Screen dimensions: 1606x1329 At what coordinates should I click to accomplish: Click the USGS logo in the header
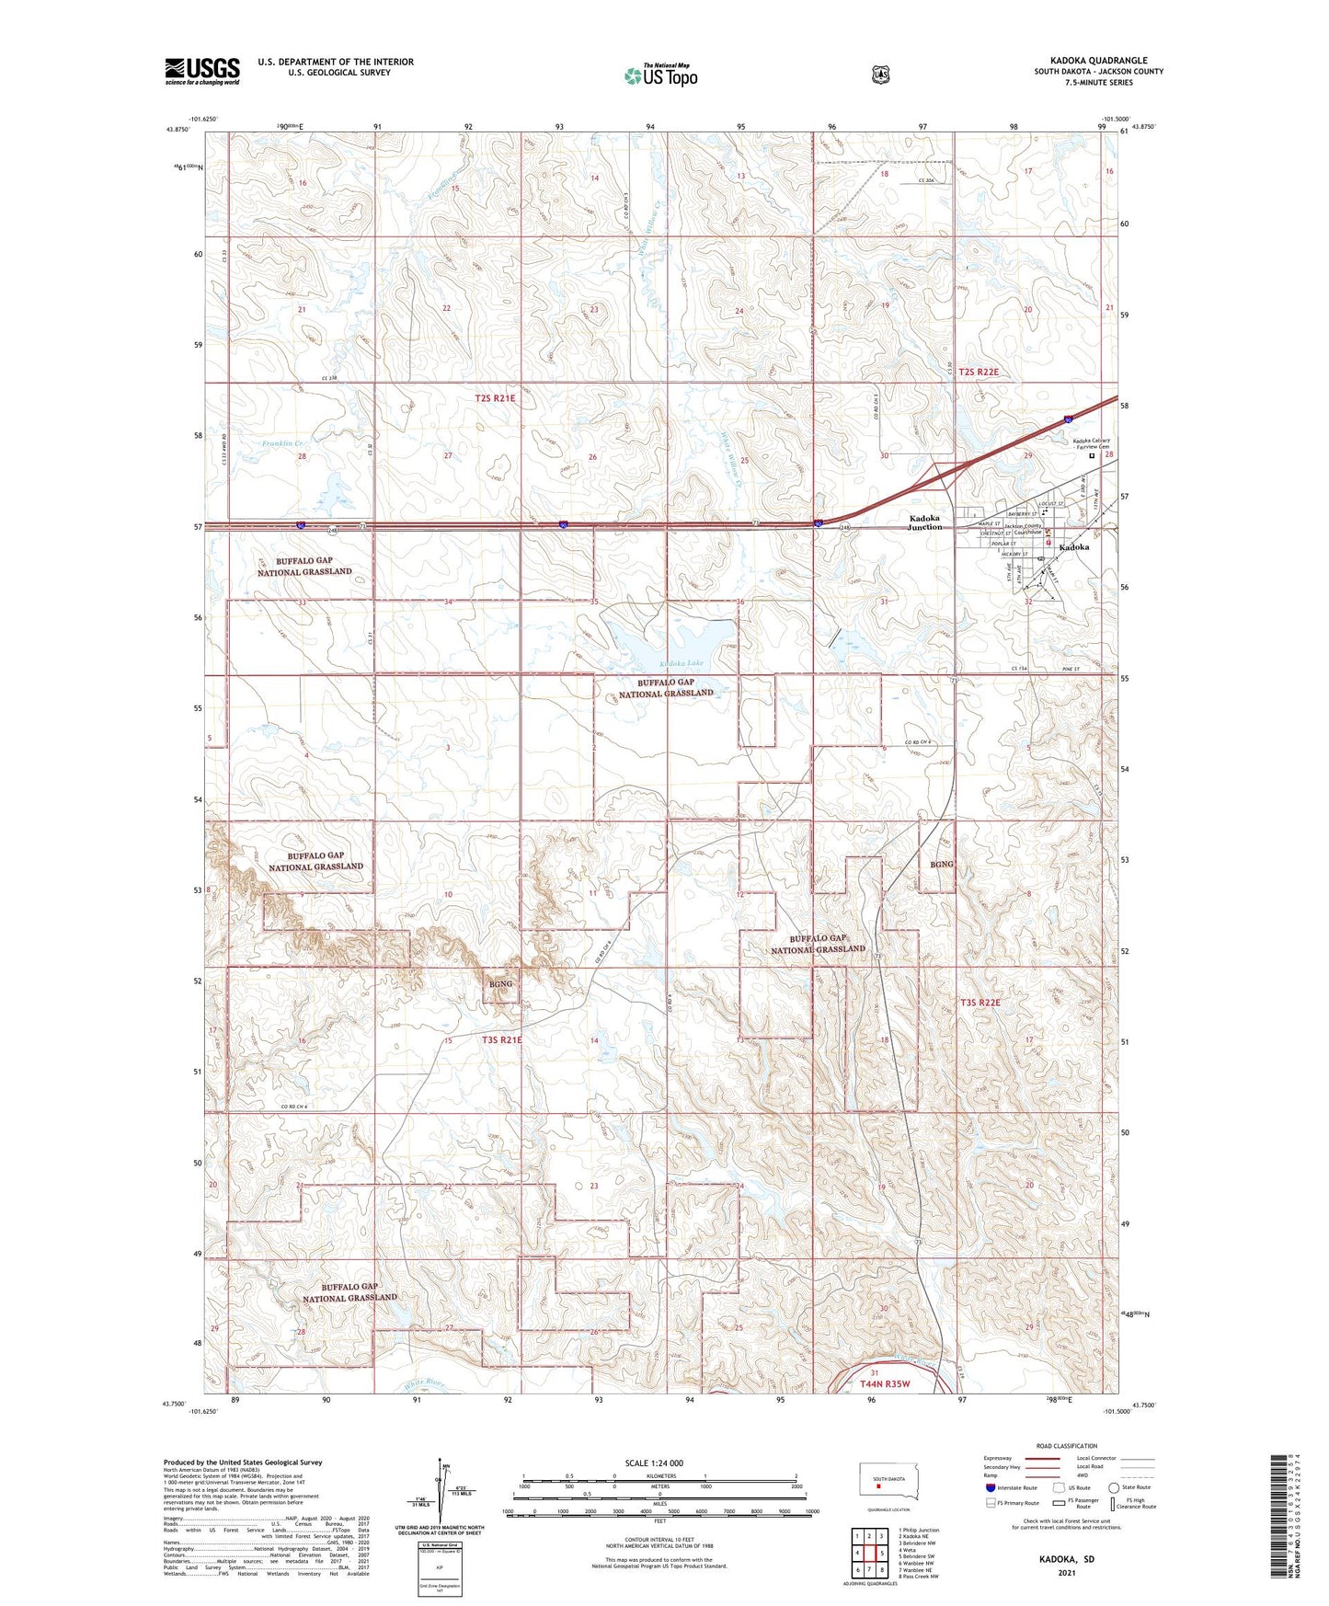202,71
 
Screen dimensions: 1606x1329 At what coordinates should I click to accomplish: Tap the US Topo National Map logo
660,75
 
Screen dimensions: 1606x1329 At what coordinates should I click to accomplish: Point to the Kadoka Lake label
682,663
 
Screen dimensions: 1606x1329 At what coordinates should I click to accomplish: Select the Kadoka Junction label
925,522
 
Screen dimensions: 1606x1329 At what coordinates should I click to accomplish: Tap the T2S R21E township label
495,398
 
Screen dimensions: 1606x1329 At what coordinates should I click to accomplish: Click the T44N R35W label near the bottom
884,1383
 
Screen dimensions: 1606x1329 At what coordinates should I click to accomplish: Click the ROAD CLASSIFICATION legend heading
1066,1446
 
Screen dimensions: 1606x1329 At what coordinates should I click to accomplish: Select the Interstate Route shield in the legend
990,1486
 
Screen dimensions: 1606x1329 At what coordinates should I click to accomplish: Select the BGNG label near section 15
500,984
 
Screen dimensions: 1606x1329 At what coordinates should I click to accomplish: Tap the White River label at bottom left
423,1383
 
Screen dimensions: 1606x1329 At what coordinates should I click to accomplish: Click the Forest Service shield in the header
880,75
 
